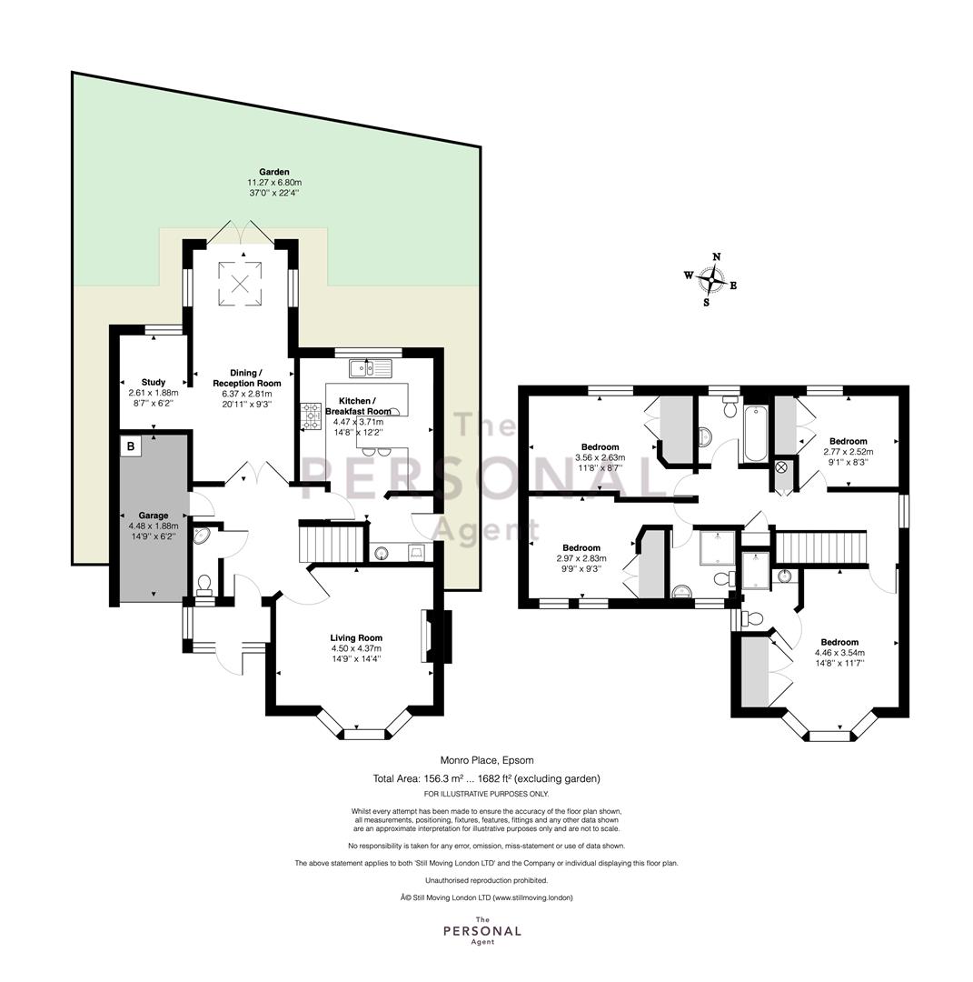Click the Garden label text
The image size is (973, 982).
tap(274, 172)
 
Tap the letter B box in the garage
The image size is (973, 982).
tap(131, 446)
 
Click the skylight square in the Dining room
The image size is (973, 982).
tap(240, 284)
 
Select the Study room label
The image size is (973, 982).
tap(154, 382)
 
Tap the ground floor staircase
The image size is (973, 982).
tap(332, 545)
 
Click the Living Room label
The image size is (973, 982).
tap(356, 638)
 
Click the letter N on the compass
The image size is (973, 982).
tap(717, 256)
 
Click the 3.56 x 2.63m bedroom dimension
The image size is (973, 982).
tap(601, 457)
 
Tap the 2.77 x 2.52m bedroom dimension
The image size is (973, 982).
tap(849, 452)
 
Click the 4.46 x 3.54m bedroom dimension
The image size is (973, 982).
tap(839, 653)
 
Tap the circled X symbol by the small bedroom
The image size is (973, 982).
tap(781, 467)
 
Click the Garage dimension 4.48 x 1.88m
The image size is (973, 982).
tap(154, 526)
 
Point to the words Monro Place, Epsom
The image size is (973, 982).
tap(487, 760)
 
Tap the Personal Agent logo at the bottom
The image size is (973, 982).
tap(482, 931)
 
